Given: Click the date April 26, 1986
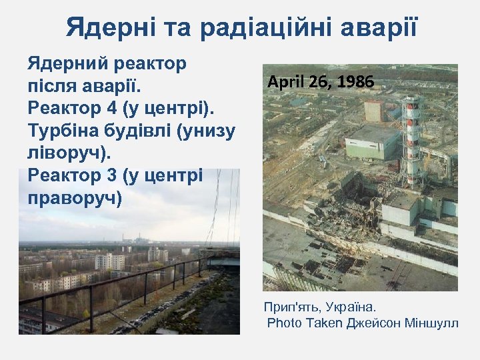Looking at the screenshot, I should pos(321,82).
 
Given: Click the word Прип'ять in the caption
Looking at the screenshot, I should pos(293,307).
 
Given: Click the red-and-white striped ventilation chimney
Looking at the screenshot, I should pos(413,140).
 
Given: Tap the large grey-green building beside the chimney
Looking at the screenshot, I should pos(372,141).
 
